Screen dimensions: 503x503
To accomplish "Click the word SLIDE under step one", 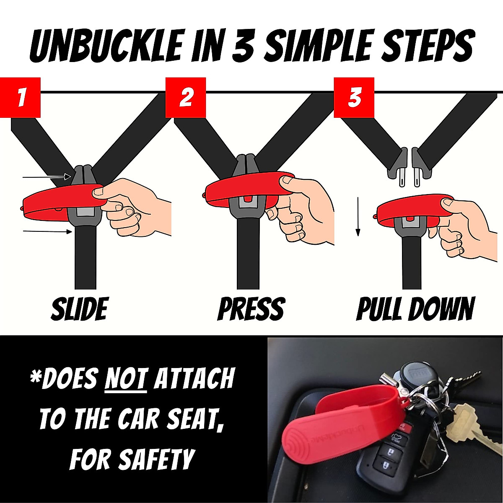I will (79, 309).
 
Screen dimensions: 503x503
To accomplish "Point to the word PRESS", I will (251, 309).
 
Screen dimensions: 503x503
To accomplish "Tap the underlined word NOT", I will (126, 379).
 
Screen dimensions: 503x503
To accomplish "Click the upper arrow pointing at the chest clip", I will (46, 177).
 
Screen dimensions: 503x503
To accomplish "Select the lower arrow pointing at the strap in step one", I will (46, 231).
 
